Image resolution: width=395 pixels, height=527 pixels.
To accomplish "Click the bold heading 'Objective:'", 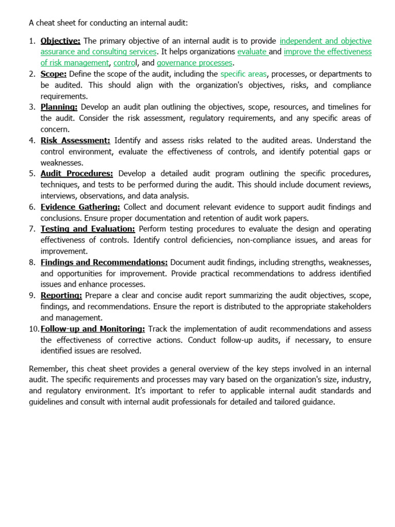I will (x=60, y=41).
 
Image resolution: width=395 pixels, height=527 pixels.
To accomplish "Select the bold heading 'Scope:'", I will (x=53, y=74).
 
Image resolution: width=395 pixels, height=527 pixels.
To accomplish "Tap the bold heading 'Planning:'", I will (x=59, y=107).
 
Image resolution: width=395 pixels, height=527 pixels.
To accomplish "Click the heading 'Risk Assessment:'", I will (x=75, y=140).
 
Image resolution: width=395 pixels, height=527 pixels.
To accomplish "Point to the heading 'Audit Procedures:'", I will (x=77, y=173).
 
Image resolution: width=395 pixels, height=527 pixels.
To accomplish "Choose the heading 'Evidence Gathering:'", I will (x=80, y=207).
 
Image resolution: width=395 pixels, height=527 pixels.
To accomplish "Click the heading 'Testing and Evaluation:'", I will (x=87, y=229).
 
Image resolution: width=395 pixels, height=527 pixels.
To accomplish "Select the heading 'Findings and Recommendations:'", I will (x=104, y=262).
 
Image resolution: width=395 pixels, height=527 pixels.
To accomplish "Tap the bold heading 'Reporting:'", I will (x=61, y=295).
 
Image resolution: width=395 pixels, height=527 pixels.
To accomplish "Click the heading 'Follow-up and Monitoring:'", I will (x=93, y=329).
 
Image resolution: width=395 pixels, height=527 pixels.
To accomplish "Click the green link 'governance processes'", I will (x=194, y=63).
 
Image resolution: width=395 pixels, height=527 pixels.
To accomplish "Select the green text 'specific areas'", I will (x=243, y=74).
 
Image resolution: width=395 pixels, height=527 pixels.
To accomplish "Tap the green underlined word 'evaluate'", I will (x=252, y=52).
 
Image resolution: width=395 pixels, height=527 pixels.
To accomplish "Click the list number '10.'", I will (x=34, y=329).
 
